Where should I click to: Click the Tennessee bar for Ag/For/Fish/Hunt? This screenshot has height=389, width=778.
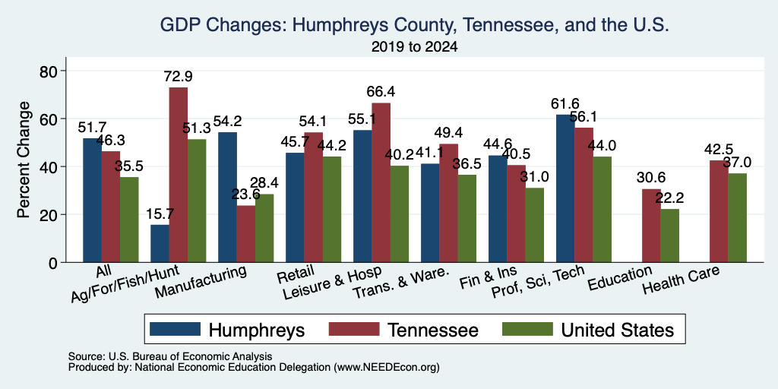178,175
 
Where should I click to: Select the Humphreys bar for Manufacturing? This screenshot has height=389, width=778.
227,197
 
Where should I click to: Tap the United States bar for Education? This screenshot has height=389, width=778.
670,236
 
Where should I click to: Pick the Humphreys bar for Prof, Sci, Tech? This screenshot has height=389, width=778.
565,188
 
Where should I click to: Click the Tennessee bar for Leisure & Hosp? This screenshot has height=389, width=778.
381,182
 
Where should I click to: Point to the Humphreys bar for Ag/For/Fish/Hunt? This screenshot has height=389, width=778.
160,243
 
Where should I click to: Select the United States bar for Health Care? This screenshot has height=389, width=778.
737,218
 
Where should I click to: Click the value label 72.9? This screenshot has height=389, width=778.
179,77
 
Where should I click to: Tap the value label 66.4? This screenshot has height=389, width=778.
381,92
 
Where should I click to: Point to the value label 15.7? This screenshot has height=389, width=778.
160,213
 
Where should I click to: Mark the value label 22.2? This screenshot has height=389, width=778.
670,198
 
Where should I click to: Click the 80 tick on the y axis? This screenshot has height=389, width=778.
49,71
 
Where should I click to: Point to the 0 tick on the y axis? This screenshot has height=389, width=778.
54,262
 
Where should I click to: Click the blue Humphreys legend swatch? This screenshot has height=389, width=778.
176,329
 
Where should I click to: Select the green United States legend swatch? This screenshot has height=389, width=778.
527,329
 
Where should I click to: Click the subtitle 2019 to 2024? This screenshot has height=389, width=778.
414,47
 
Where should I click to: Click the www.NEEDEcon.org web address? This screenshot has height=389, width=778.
387,367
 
